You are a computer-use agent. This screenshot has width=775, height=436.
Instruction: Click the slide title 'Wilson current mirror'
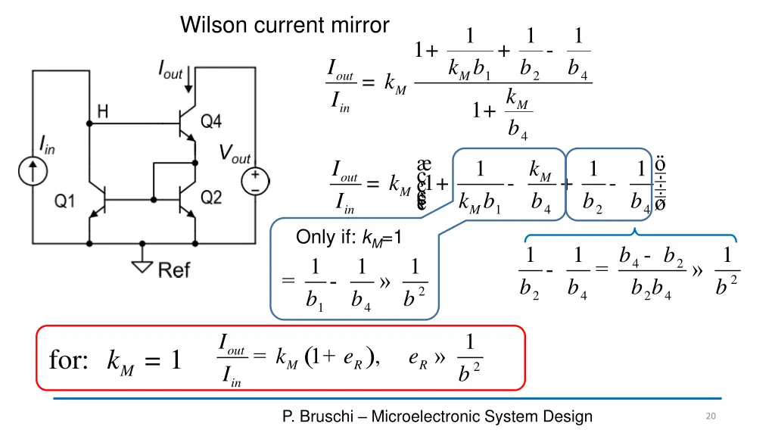click(x=285, y=26)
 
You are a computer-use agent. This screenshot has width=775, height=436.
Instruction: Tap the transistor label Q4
click(x=211, y=120)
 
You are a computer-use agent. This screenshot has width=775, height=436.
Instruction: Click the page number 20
click(x=710, y=416)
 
